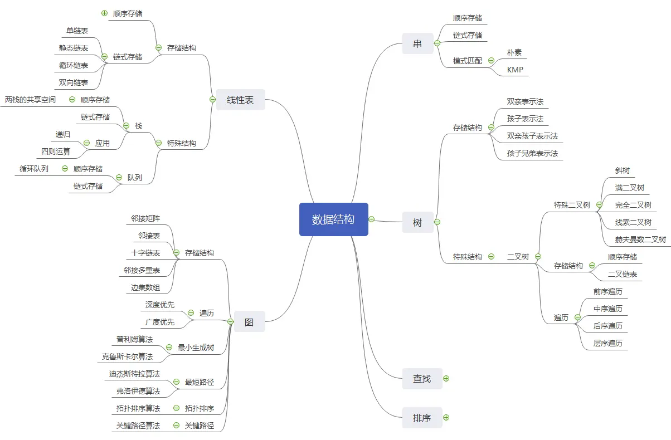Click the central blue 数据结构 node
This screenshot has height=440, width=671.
(x=333, y=219)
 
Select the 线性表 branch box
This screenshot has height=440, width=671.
(x=240, y=100)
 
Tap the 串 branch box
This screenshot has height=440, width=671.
(x=417, y=43)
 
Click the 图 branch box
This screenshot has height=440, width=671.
(x=249, y=321)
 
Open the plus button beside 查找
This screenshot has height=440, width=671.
(x=446, y=379)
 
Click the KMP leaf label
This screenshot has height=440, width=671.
(x=515, y=70)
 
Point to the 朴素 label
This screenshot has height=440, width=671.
(x=514, y=52)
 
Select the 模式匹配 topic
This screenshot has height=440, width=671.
(x=468, y=61)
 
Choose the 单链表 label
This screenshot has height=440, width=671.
(x=77, y=31)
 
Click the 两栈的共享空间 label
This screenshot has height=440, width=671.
(x=30, y=100)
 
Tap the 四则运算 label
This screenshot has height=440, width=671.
(x=56, y=151)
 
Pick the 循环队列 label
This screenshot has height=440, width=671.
(x=34, y=169)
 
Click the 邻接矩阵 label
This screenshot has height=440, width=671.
(x=145, y=218)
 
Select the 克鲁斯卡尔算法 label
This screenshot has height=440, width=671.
(x=127, y=356)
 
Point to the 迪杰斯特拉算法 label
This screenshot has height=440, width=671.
(x=134, y=374)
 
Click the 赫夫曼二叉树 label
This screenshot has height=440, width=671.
(x=640, y=239)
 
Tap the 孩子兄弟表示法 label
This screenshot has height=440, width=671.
(x=532, y=153)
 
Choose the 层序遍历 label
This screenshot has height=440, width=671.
(x=608, y=343)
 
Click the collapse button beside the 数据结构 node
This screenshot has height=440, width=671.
(x=371, y=219)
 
